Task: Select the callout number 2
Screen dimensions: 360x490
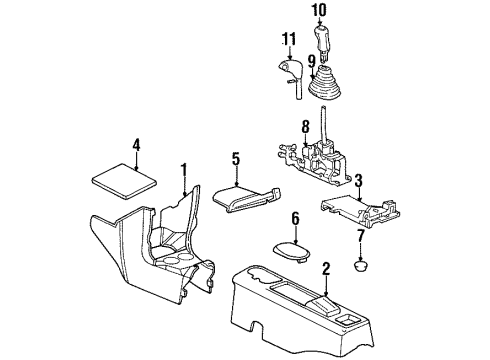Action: tap(326, 267)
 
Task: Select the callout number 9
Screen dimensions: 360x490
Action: tap(313, 61)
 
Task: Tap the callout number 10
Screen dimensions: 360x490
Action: tap(320, 12)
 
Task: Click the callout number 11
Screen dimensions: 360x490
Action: tap(289, 42)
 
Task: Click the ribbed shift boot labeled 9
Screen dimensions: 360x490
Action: tap(327, 84)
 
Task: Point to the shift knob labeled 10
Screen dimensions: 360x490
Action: tap(323, 42)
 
